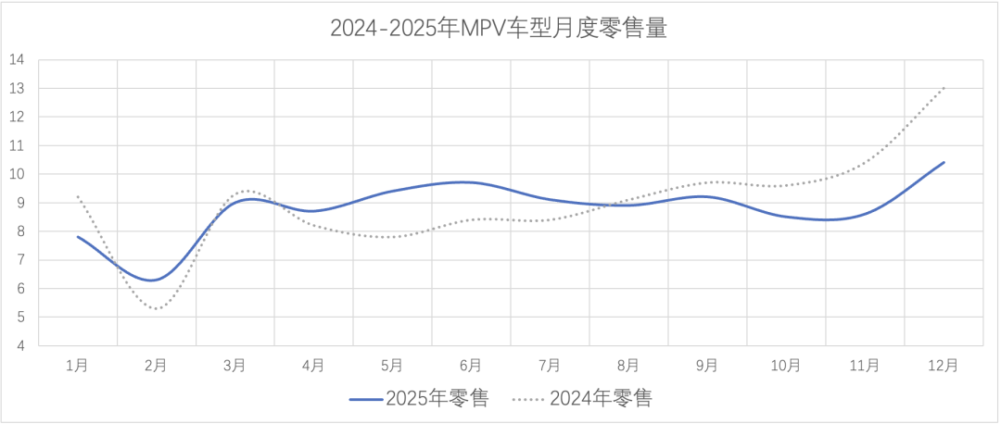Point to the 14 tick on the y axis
point(17,60)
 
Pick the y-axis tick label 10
point(17,174)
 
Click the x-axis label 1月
point(78,366)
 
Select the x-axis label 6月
point(471,366)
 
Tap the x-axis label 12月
point(944,366)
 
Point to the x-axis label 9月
point(707,366)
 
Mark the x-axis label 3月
point(235,366)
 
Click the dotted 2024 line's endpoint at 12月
point(944,88)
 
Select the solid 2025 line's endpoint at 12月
point(944,162)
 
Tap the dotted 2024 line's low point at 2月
point(157,308)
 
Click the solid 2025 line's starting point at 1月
point(78,237)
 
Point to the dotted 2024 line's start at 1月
point(78,196)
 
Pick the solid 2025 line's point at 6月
point(471,182)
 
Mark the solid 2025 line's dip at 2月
point(157,280)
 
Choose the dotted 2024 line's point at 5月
point(392,237)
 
